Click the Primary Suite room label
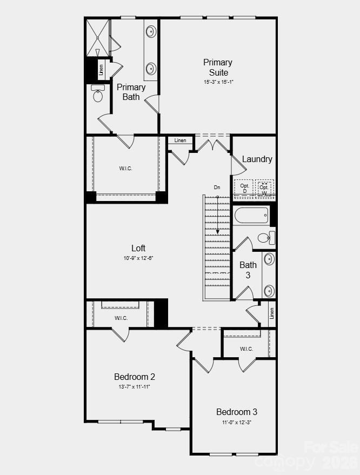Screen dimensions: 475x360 (x=218, y=68)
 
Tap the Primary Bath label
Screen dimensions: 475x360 (x=131, y=92)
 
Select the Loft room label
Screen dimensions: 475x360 (x=138, y=248)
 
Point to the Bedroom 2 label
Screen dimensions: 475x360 (x=135, y=377)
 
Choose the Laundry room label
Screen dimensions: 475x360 (x=257, y=159)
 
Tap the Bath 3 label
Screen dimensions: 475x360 (x=248, y=270)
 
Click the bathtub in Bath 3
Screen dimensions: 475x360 (x=251, y=215)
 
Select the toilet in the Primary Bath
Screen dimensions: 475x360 (x=98, y=94)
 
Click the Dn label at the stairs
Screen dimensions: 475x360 (x=217, y=188)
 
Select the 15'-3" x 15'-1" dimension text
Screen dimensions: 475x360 (x=218, y=82)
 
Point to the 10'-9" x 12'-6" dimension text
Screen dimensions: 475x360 (x=138, y=258)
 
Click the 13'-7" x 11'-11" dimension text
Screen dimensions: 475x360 (x=135, y=387)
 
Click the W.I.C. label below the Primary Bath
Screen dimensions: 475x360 (x=125, y=169)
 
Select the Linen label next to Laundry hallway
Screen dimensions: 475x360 (x=180, y=141)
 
